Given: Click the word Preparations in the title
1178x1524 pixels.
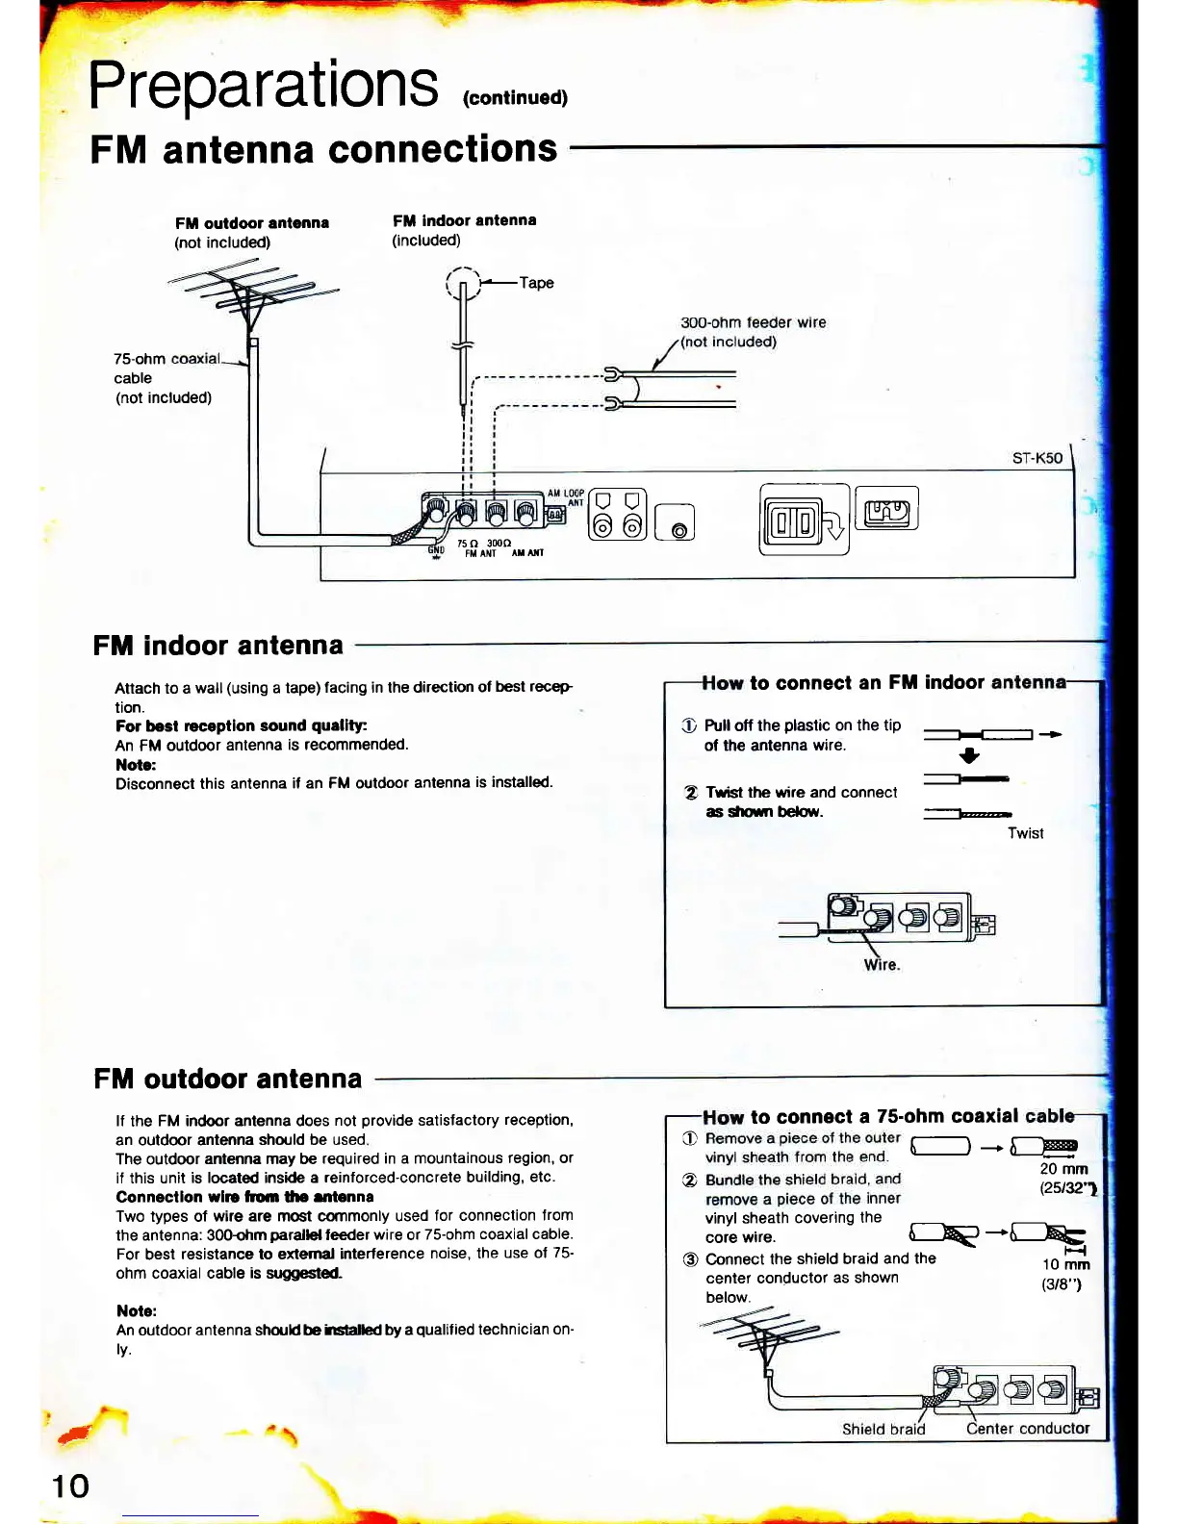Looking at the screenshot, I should [x=263, y=85].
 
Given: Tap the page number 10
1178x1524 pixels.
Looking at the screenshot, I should [x=70, y=1486].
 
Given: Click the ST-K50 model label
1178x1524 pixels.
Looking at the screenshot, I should [x=1037, y=458].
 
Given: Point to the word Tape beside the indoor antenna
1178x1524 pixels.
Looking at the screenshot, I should [x=536, y=283].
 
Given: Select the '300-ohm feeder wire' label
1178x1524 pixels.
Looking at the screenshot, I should [x=753, y=323].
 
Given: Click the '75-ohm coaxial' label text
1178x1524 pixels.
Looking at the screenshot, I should [x=166, y=359].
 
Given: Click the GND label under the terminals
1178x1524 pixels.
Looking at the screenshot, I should [x=436, y=551].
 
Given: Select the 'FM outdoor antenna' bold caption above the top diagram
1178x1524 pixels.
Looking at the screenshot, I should [x=252, y=223].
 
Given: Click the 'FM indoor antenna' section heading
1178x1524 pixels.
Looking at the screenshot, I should [x=218, y=646].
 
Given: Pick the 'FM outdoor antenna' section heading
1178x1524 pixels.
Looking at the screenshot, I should [x=228, y=1079].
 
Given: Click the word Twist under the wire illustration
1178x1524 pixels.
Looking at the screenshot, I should [x=1025, y=833].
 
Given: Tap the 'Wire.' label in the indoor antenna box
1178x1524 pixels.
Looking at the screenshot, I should [x=882, y=965].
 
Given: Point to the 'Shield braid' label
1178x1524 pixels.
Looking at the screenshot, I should [x=883, y=1429].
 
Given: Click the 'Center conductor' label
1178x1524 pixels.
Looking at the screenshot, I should [x=1027, y=1429].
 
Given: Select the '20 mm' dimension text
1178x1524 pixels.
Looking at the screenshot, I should [x=1063, y=1169].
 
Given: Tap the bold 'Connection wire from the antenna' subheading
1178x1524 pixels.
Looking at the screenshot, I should [x=244, y=1197].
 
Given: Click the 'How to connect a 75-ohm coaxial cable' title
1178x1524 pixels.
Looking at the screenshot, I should [x=887, y=1117].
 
